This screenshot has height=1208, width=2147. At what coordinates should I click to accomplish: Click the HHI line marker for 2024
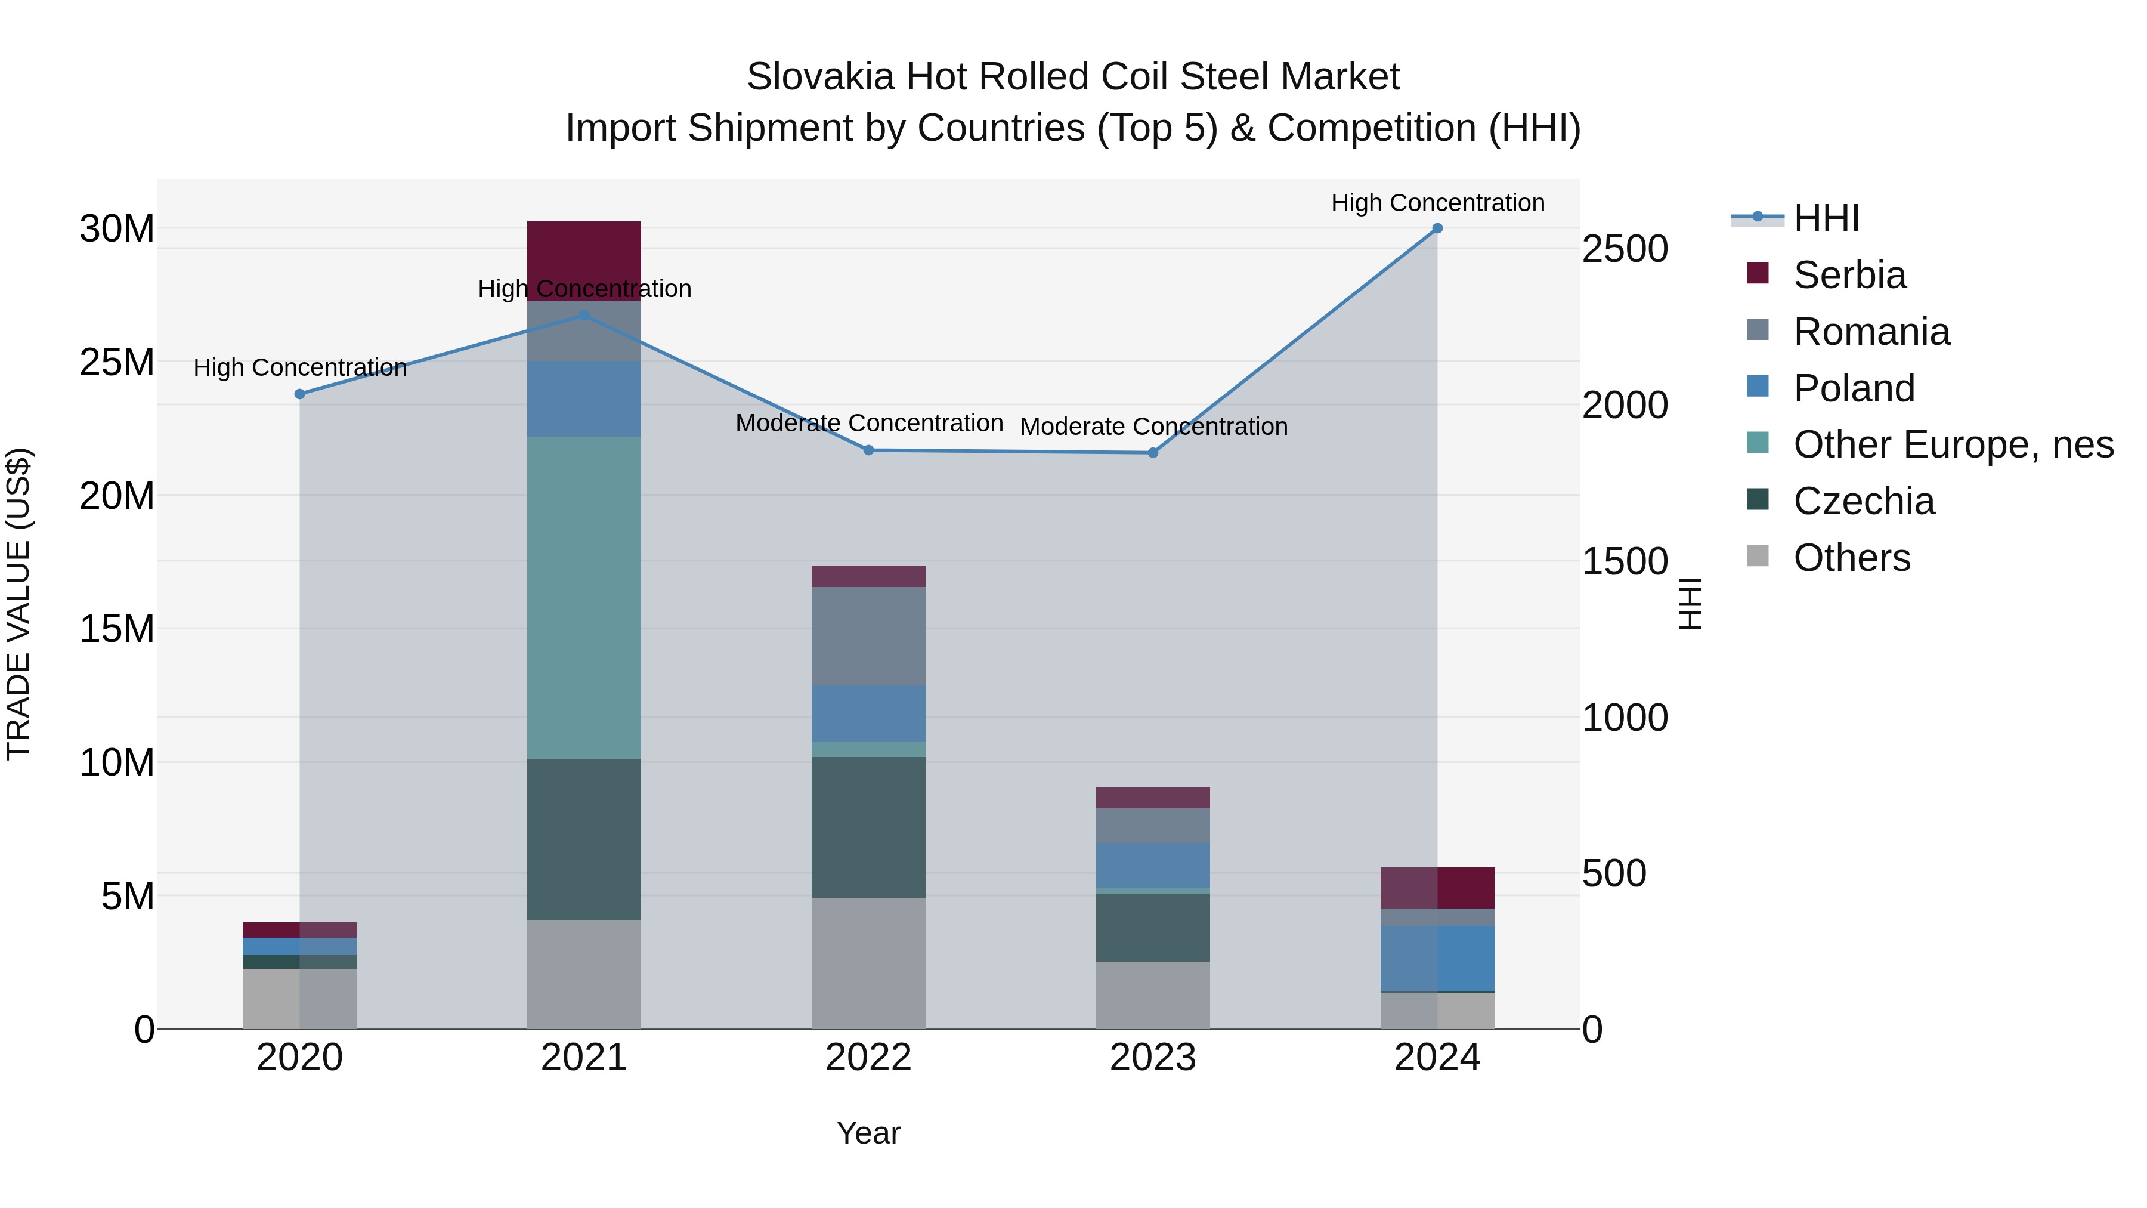pos(1437,228)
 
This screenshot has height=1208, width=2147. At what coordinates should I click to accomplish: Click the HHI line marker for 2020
pos(300,394)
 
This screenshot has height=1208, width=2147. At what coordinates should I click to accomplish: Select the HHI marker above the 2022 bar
pos(868,450)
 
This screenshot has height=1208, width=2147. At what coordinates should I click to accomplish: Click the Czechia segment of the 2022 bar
pos(868,826)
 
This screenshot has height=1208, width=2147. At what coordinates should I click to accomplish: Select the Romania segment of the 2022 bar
pos(868,636)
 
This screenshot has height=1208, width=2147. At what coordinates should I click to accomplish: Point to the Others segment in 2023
pos(1153,994)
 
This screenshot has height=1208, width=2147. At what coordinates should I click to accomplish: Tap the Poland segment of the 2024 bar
pos(1437,959)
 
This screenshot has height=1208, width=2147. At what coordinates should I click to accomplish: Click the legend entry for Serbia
pos(1849,275)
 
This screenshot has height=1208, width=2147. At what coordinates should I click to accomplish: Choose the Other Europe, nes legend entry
pos(1953,444)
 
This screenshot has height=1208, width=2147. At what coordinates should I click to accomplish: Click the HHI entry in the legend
pos(1826,218)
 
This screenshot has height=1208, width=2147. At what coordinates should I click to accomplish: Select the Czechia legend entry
pos(1864,501)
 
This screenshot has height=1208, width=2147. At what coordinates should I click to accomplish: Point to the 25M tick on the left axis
pos(117,363)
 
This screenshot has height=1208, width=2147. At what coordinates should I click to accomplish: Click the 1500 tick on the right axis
pos(1625,561)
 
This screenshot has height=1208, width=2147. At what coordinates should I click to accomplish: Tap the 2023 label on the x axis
pos(1153,1058)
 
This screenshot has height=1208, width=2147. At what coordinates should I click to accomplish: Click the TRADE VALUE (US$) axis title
pos(18,604)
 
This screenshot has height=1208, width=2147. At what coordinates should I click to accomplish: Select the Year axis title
pos(868,1133)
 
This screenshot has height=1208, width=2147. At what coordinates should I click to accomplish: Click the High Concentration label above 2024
pos(1437,203)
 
